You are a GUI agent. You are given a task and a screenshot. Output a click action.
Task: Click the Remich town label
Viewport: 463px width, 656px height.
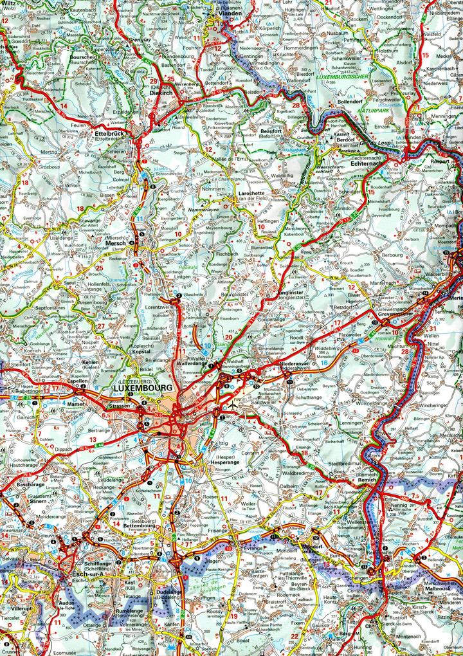[x=367, y=480]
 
